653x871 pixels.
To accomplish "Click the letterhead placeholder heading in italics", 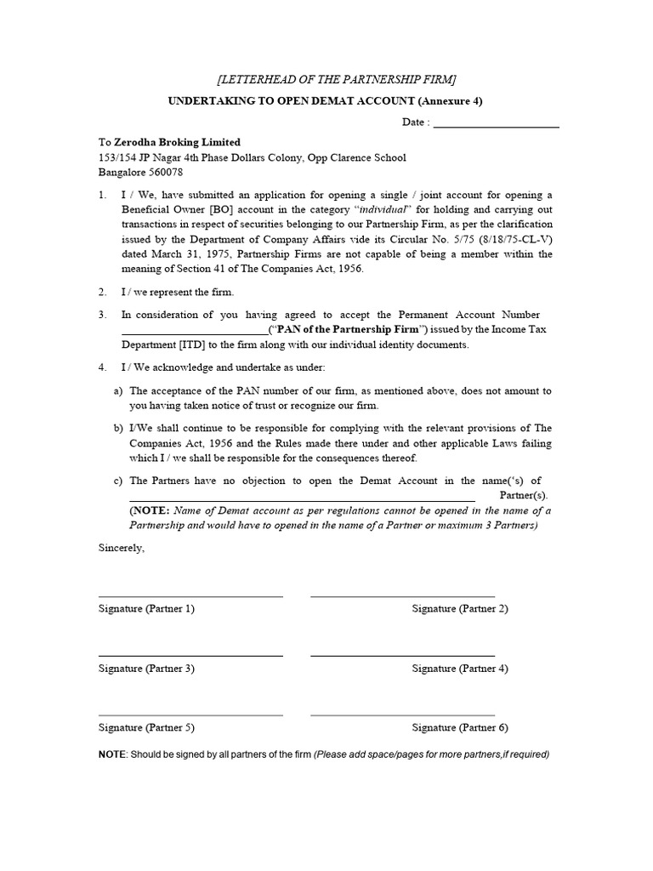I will coord(337,79).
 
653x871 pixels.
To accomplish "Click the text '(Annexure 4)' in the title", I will coord(453,100).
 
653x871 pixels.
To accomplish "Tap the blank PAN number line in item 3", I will coord(195,331).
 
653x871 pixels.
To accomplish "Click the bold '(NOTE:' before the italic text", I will coord(149,511).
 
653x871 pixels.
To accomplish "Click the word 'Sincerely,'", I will coord(122,549).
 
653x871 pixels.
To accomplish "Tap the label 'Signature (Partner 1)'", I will coord(146,609).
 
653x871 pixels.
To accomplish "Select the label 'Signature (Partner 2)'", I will coord(460,609).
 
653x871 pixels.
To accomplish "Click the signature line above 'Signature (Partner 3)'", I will coord(190,656).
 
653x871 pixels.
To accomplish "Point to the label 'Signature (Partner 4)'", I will coord(460,669).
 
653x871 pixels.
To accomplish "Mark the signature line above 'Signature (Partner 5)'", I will coord(190,715).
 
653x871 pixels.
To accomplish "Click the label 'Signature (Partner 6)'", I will coord(460,728).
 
